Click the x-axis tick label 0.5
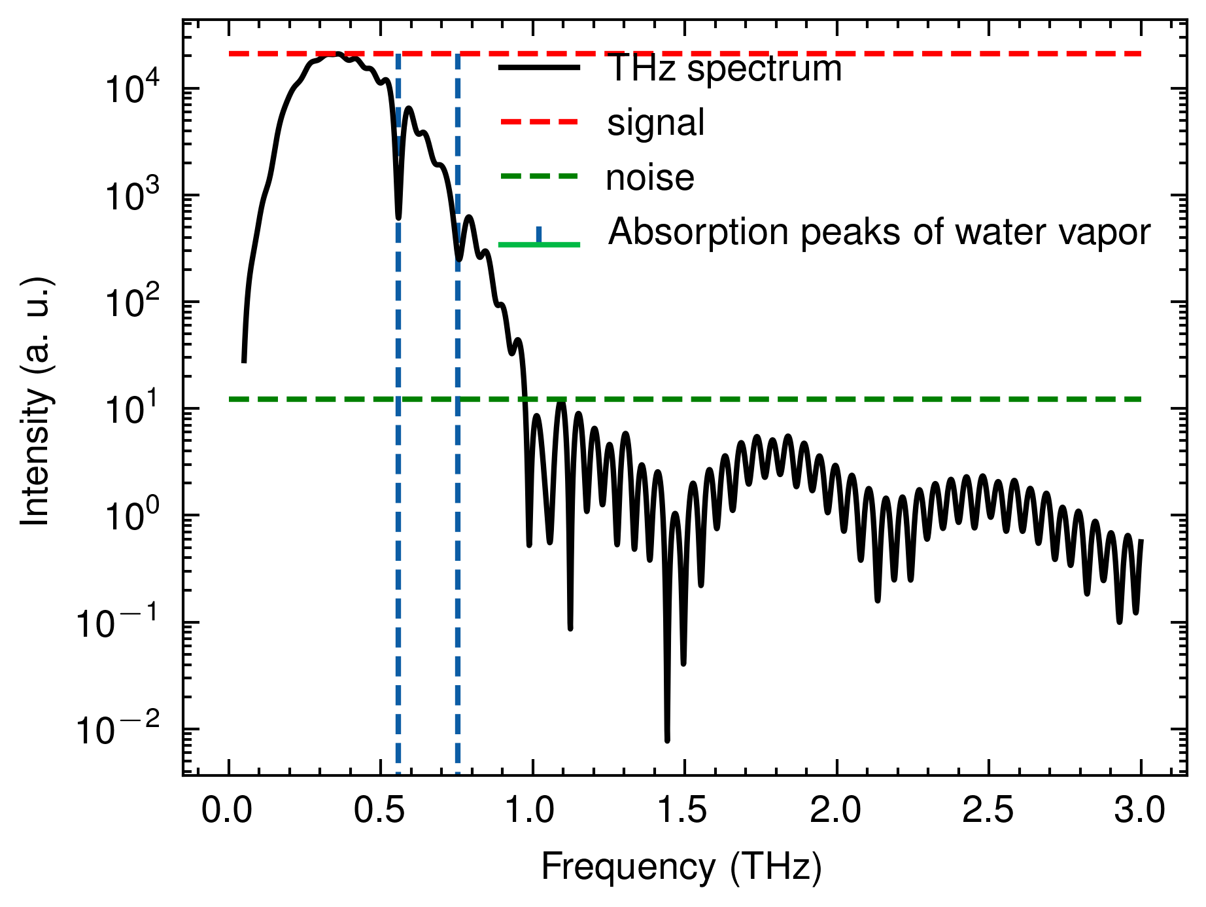point(379,811)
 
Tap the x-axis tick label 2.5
point(988,811)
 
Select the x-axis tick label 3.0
point(1140,811)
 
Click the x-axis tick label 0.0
point(228,811)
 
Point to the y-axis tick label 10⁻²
point(118,730)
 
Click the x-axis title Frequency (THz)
point(681,868)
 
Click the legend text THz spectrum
point(725,68)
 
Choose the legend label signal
point(656,122)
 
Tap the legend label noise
point(650,177)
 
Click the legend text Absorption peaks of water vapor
point(879,232)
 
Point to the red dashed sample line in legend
point(540,122)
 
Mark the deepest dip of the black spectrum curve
point(667,740)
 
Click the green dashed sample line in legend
point(540,176)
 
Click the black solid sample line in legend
point(540,67)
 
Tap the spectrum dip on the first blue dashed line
point(398,217)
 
